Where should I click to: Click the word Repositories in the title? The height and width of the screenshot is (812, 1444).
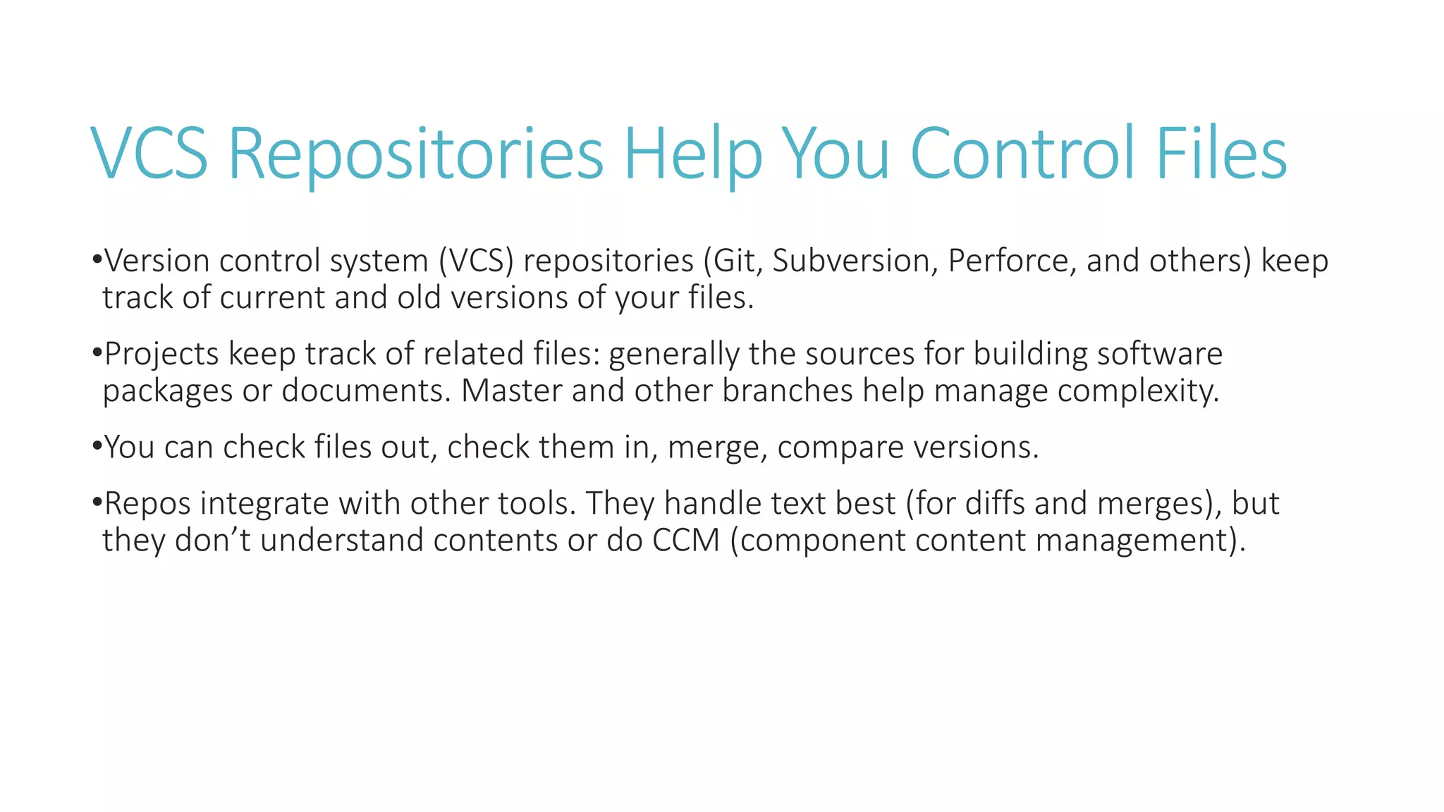coord(416,154)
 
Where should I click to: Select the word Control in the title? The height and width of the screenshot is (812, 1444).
coord(1022,154)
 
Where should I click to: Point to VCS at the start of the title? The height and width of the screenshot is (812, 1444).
coord(149,154)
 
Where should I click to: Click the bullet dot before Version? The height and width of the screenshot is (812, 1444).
coord(97,259)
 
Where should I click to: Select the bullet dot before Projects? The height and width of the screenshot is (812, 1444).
coord(97,352)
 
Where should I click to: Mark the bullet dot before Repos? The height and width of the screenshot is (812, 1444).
coord(97,503)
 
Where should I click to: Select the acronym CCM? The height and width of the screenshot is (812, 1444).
coord(685,541)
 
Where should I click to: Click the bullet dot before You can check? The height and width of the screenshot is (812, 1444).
coord(97,446)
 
